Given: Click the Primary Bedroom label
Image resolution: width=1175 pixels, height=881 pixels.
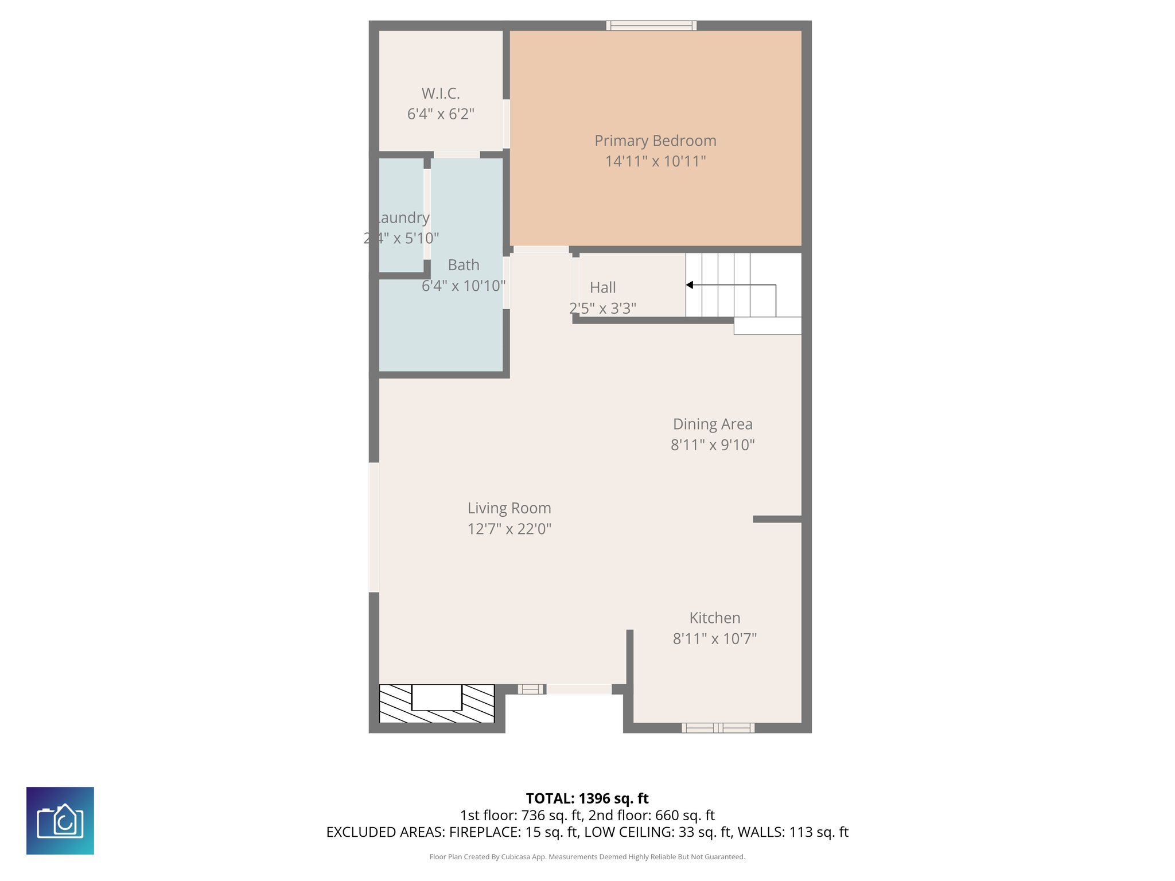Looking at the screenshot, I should pos(655,141).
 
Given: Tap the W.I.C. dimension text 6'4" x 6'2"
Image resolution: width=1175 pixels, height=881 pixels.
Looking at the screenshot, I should pos(441,114).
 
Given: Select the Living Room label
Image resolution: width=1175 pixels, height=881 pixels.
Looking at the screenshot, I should pos(509,508).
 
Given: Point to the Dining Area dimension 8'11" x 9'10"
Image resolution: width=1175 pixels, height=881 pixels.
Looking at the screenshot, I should pos(713,445).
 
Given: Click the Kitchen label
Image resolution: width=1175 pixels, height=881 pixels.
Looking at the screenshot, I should pos(714,618).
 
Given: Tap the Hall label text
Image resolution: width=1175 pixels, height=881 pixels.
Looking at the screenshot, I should pos(602,287).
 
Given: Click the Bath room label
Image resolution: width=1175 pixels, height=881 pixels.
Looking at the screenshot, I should pos(463,265).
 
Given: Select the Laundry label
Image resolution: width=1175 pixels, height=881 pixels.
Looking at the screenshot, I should pos(403,218).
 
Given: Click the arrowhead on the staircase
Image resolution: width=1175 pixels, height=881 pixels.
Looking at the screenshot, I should pos(690,285).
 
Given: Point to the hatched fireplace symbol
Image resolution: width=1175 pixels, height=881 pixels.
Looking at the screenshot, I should pos(437,703).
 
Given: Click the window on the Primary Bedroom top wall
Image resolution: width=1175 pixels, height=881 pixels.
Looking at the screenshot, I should pos(651,25).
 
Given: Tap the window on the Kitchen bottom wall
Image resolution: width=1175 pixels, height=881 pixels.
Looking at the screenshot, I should pos(718,728).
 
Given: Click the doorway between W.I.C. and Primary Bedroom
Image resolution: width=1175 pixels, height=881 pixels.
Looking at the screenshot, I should pos(507,124).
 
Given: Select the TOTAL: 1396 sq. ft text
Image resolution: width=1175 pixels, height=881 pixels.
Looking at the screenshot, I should pos(587,798).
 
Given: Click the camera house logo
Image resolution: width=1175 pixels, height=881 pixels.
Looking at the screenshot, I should pos(60,821).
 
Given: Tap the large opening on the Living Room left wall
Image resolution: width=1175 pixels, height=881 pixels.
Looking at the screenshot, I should pos(373,527).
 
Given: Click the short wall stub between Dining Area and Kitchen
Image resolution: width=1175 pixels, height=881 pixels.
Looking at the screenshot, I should pos(777,519).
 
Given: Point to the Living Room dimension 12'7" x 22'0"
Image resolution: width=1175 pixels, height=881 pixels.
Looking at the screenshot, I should pos(509,529).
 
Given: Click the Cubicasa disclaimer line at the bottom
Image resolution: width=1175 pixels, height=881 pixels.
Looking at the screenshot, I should pos(587,857).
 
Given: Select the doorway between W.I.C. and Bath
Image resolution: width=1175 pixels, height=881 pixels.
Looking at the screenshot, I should pos(457,155).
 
